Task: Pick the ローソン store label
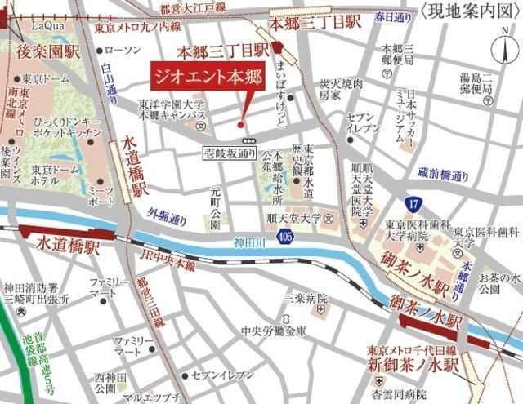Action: pyautogui.click(x=123, y=51)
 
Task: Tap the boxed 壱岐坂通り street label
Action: pyautogui.click(x=230, y=152)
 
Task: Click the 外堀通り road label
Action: pyautogui.click(x=167, y=218)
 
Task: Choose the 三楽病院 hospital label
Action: pyautogui.click(x=306, y=299)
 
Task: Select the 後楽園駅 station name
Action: pyautogui.click(x=47, y=53)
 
